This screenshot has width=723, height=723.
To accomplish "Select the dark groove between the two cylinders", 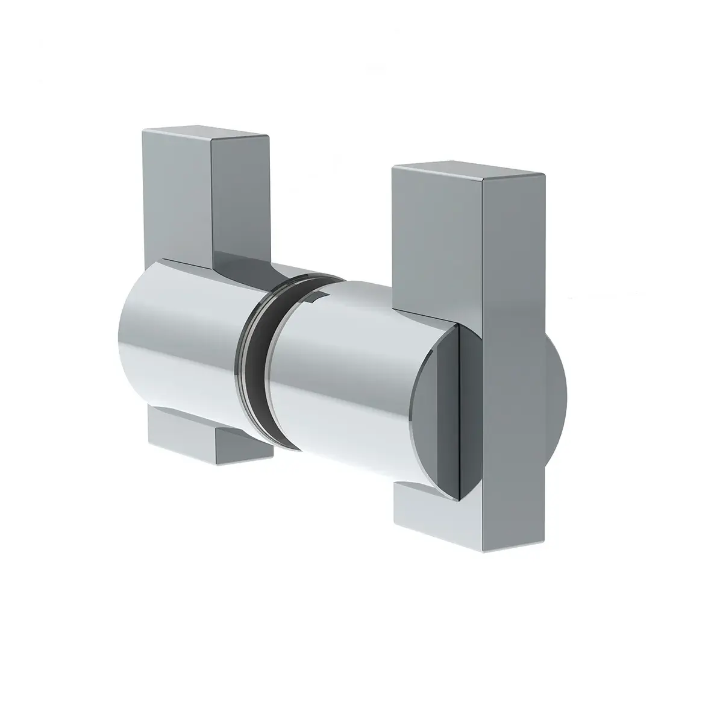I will (x=256, y=361).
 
